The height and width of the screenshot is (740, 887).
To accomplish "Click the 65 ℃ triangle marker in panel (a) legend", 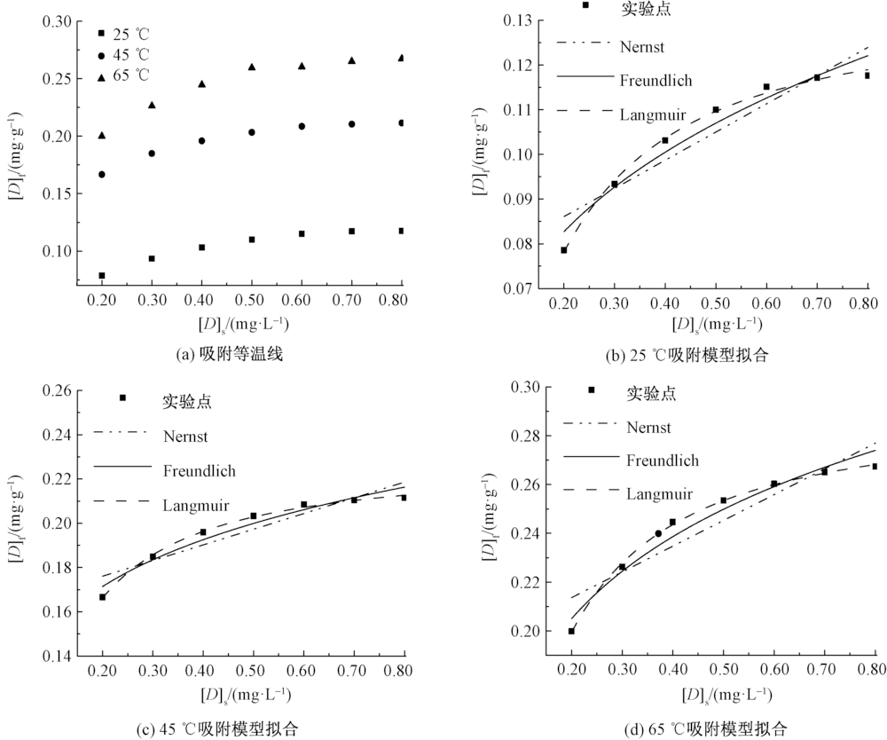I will click(102, 75).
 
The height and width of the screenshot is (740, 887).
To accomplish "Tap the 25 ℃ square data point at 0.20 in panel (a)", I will click(102, 275).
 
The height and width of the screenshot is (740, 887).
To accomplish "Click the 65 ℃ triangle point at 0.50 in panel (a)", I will click(252, 67).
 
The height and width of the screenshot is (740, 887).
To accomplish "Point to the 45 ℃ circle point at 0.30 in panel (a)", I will click(152, 154).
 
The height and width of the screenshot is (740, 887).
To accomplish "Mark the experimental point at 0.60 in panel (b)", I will click(766, 87).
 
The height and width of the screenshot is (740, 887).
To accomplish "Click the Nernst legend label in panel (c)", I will click(188, 436).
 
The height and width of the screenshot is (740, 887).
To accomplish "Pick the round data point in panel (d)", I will click(658, 533).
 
